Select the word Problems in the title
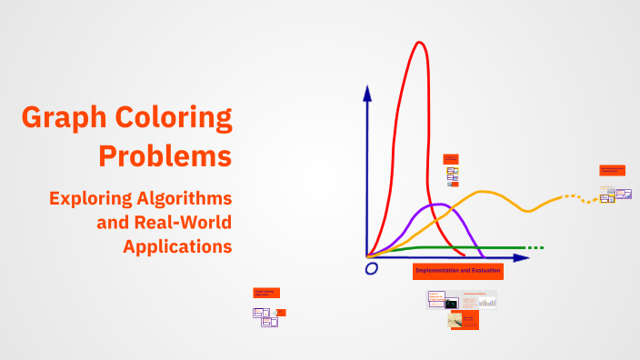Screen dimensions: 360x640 click(x=165, y=155)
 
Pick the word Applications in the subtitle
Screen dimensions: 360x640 click(x=178, y=245)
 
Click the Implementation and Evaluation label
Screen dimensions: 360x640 click(x=457, y=271)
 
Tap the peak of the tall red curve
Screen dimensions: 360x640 click(x=419, y=43)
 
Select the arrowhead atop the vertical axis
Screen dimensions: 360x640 click(x=367, y=92)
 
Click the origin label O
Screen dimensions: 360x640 click(x=371, y=269)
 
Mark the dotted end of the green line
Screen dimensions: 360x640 click(x=535, y=247)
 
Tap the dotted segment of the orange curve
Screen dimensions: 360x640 click(x=574, y=197)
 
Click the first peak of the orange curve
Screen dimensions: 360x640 click(x=484, y=192)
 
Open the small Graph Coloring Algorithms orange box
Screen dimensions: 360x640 click(x=266, y=293)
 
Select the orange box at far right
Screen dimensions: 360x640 click(x=612, y=170)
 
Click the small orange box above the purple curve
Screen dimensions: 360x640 click(x=451, y=158)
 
